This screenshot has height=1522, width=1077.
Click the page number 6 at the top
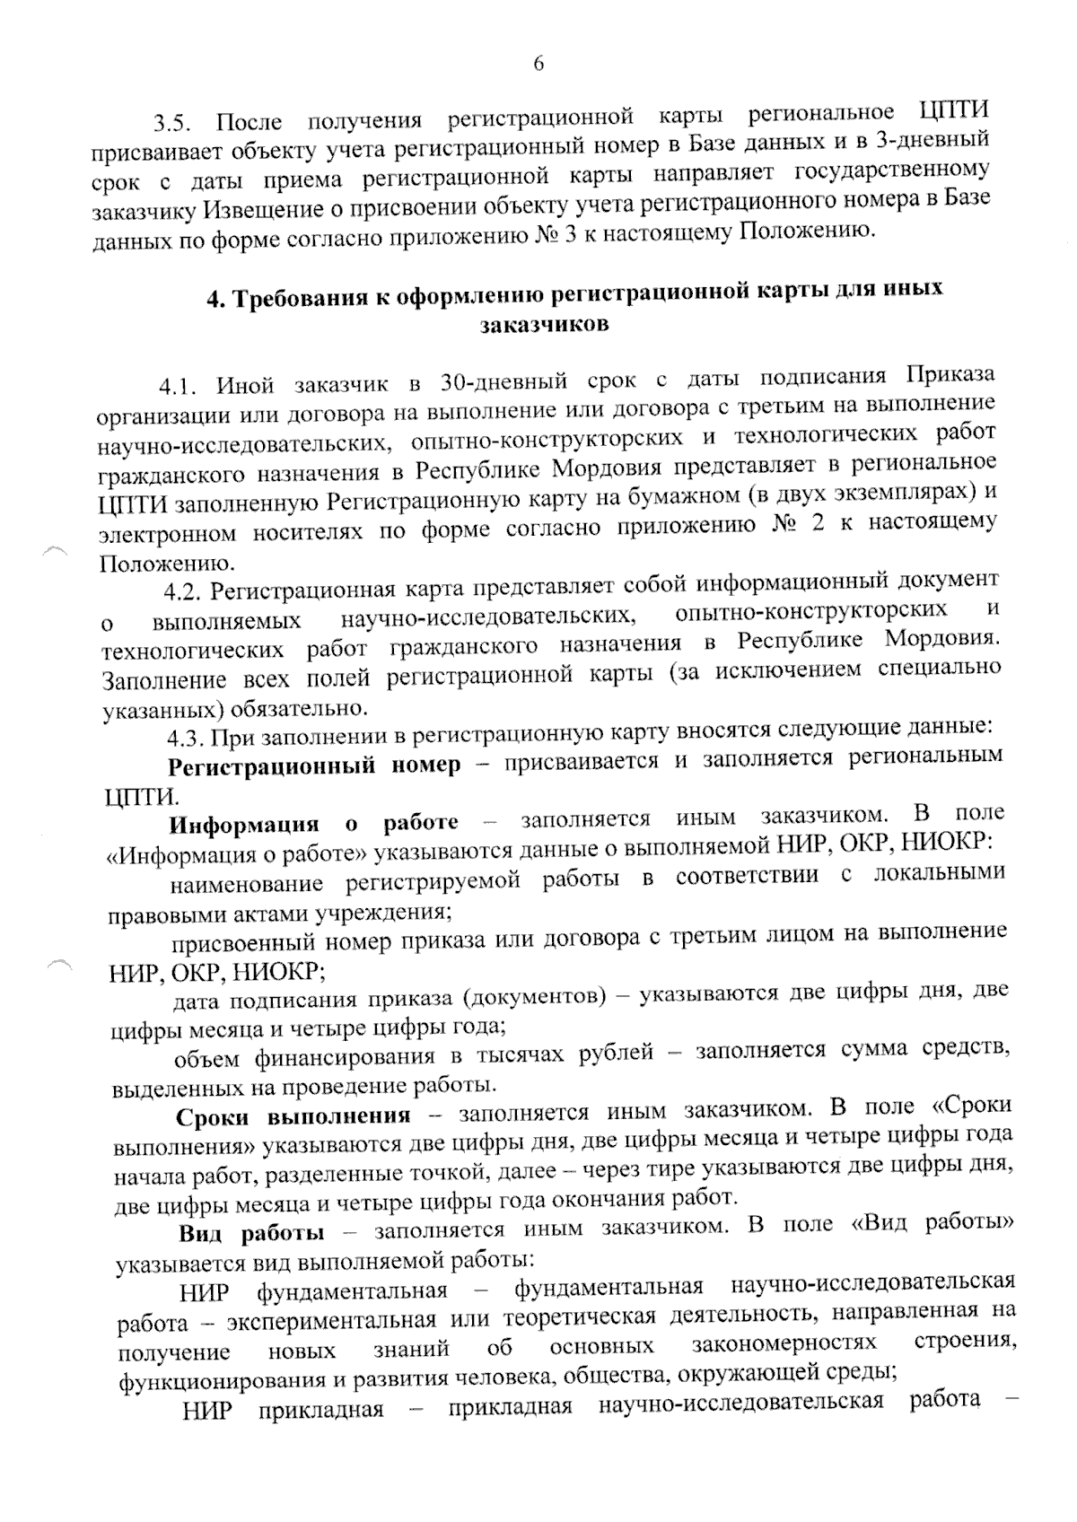coord(538,63)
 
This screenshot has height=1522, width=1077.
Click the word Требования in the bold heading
coord(302,297)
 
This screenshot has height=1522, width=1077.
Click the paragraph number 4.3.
coord(188,737)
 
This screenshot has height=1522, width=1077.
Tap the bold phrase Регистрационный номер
coord(315,765)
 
